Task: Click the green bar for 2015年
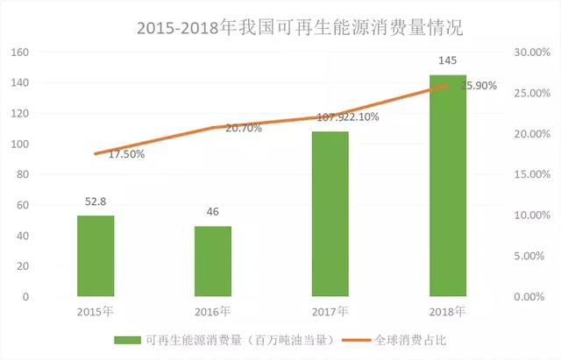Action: pos(95,256)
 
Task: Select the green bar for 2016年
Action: pos(213,261)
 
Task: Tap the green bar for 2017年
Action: pos(330,214)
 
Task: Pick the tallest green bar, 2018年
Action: pos(447,186)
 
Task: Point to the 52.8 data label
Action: pos(95,203)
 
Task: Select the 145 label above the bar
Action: pos(447,61)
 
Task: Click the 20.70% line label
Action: pos(244,128)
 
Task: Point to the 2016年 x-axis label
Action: pos(213,311)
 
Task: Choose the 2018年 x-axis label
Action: pos(447,311)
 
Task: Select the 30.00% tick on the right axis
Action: pos(531,53)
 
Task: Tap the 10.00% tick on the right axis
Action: pos(531,215)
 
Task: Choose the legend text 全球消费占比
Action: pos(408,339)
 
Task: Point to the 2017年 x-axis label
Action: pos(330,311)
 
